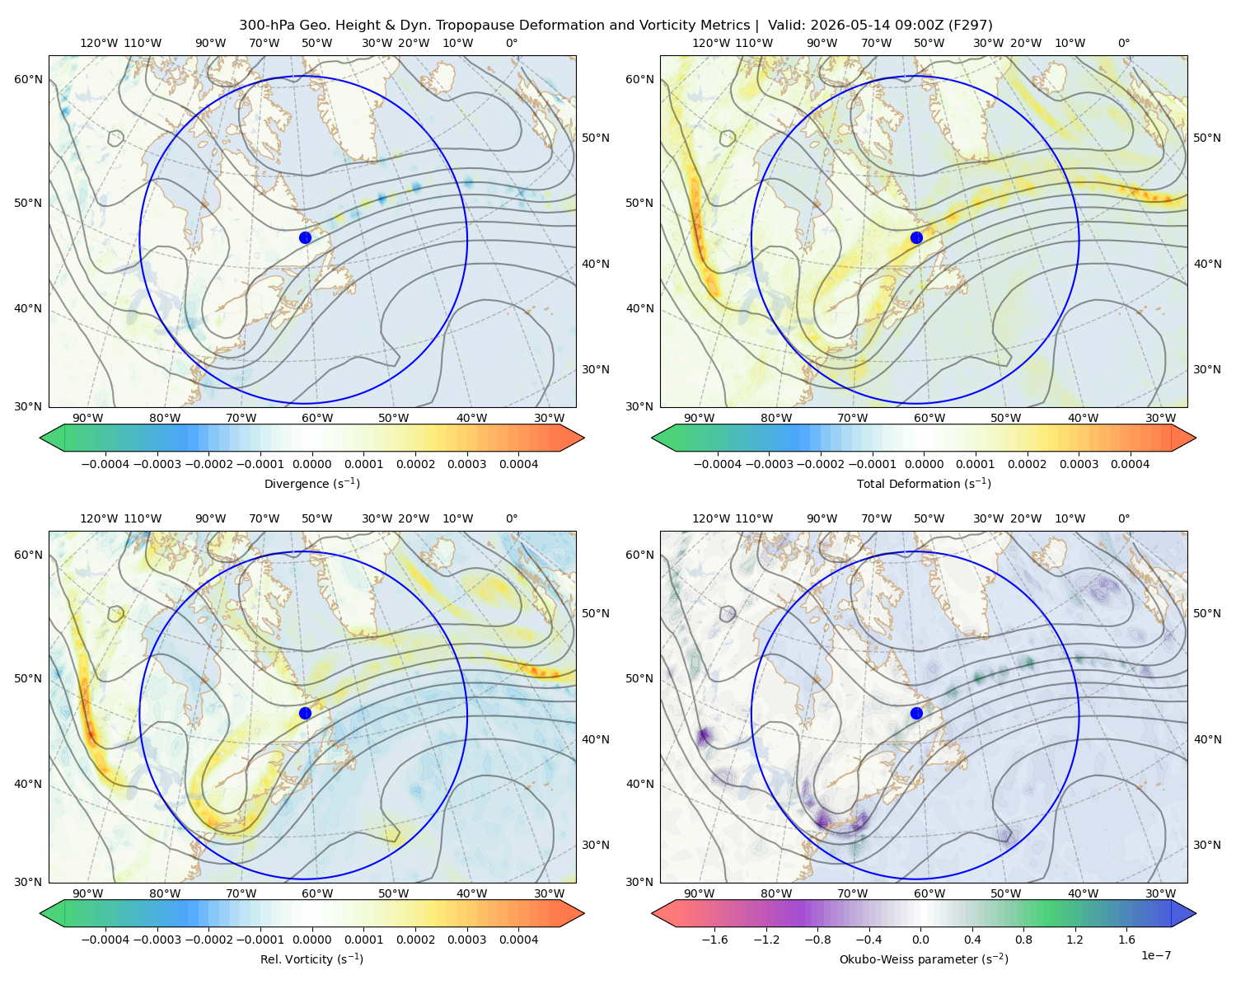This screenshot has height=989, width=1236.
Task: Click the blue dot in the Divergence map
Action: tap(305, 237)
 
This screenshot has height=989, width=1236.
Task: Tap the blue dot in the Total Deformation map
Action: tap(916, 237)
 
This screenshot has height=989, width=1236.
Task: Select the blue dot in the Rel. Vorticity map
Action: tap(305, 713)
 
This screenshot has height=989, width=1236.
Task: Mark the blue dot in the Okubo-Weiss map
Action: tap(916, 713)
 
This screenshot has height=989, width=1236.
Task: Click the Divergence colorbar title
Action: tap(311, 483)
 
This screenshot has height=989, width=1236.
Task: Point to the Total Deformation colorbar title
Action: tap(924, 483)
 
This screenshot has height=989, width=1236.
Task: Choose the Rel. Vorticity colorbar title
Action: tap(311, 959)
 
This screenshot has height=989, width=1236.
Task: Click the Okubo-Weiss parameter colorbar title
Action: tap(924, 959)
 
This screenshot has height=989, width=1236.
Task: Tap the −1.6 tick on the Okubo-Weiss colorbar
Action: tap(714, 939)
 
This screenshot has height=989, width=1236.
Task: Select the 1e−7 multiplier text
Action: tap(1155, 955)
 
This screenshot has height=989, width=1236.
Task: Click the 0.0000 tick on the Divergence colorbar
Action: tap(311, 464)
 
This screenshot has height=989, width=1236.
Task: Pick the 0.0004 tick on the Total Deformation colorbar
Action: tap(1130, 464)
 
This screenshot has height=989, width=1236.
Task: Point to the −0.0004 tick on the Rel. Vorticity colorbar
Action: tap(105, 939)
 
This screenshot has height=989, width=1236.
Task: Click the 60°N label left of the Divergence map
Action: tap(28, 79)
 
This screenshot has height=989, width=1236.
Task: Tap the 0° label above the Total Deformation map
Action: tap(1123, 43)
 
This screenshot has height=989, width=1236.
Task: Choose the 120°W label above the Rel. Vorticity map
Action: tap(99, 518)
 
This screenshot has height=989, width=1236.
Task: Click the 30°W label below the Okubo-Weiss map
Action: tap(1160, 893)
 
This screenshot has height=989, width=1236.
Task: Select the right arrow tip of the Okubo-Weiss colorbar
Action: tap(1196, 913)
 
